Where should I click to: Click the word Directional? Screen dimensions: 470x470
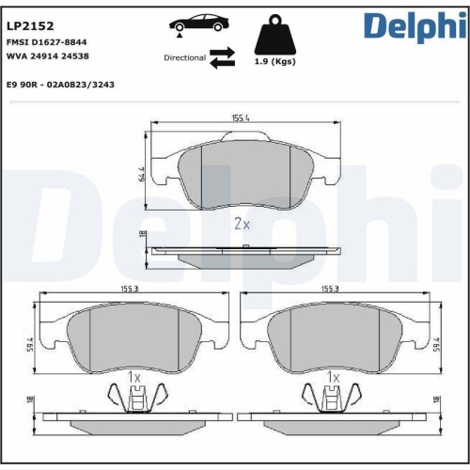(184, 58)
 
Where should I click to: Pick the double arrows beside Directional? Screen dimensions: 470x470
(222, 58)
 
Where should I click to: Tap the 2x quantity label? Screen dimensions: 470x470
(242, 224)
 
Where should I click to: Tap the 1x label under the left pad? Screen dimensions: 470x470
(133, 377)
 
